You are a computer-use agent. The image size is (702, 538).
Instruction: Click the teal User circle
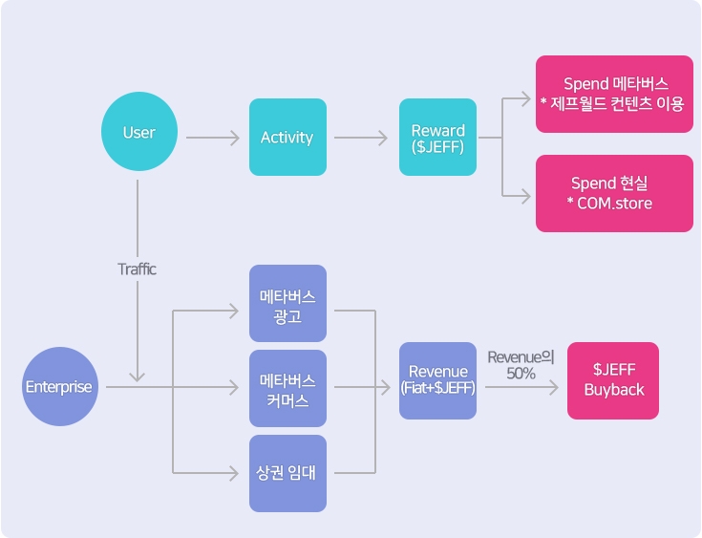139,133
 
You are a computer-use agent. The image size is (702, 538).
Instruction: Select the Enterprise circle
59,387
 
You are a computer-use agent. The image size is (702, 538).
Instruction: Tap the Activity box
287,138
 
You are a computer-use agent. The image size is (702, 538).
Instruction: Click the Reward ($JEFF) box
437,138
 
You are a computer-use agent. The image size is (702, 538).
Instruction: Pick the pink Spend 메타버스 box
614,94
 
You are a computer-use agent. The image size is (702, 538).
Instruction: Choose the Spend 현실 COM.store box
614,193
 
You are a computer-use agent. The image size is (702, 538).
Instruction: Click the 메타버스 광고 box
287,304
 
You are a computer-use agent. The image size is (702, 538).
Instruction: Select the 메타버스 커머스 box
287,388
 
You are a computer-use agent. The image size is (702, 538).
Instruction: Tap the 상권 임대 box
287,473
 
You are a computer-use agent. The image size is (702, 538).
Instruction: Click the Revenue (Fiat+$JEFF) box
437,379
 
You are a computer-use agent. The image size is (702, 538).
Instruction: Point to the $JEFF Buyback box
613,380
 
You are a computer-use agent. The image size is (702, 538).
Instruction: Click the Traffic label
137,269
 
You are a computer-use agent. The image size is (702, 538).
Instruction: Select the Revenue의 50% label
521,365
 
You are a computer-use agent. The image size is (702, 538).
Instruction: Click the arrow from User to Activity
213,139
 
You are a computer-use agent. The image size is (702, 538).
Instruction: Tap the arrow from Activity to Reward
361,139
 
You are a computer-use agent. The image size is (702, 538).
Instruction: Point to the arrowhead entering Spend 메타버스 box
524,97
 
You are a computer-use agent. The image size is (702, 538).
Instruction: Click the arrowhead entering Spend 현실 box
524,197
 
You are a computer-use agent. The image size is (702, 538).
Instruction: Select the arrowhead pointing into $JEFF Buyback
556,388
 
